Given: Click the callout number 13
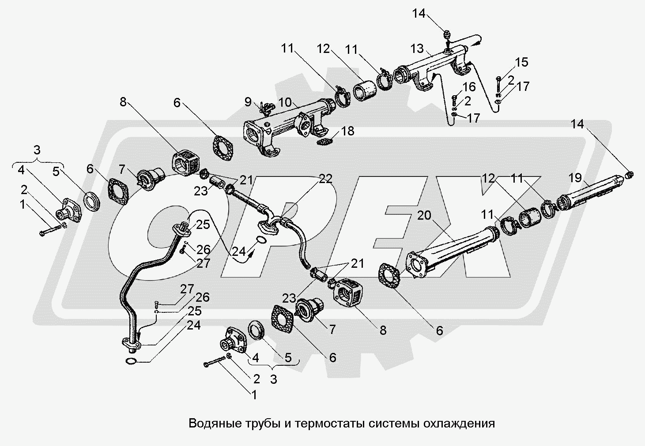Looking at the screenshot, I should pyautogui.click(x=417, y=48).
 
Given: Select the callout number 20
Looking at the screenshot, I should pyautogui.click(x=424, y=215).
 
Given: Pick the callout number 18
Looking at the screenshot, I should pyautogui.click(x=347, y=131).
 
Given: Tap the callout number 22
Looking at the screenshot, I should pyautogui.click(x=325, y=178).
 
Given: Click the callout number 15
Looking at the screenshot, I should pyautogui.click(x=521, y=62).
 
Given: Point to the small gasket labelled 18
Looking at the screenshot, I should pyautogui.click(x=325, y=142).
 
